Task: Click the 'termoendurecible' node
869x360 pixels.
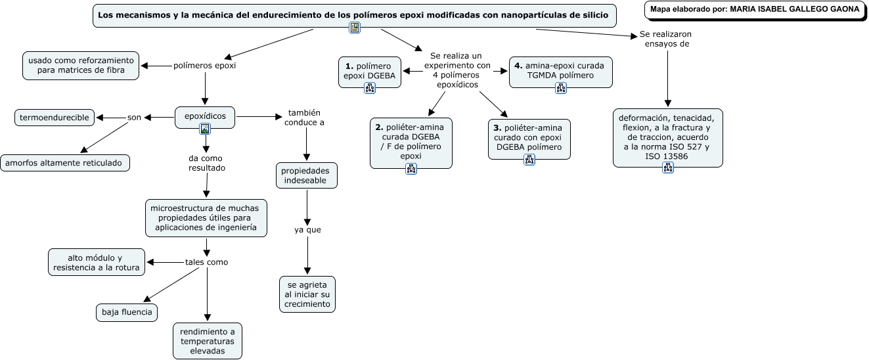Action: point(55,118)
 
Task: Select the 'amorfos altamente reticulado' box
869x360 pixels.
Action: point(65,163)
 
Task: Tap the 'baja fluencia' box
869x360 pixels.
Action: point(127,312)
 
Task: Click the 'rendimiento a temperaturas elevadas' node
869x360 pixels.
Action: point(208,341)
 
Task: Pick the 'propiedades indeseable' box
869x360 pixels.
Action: point(307,175)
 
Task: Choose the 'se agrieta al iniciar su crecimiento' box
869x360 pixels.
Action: point(307,294)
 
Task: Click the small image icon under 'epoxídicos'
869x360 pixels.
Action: point(205,129)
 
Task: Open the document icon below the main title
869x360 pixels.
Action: point(355,28)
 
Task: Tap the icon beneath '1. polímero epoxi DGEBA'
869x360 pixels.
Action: point(370,88)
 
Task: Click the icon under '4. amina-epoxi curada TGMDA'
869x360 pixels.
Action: point(561,88)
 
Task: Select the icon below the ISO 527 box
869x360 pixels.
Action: point(668,168)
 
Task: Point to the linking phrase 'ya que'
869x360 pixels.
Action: point(307,230)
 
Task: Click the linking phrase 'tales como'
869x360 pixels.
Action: point(206,262)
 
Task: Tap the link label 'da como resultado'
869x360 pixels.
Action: point(207,163)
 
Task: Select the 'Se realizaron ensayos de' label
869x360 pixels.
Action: point(666,39)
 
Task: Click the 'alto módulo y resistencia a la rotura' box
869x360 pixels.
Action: point(97,262)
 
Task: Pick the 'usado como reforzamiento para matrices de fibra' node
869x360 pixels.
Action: point(81,66)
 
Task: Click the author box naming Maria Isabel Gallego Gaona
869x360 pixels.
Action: point(755,10)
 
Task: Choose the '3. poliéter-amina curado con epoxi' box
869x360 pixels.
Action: point(529,139)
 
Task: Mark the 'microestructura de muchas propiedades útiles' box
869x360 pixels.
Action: point(206,218)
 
